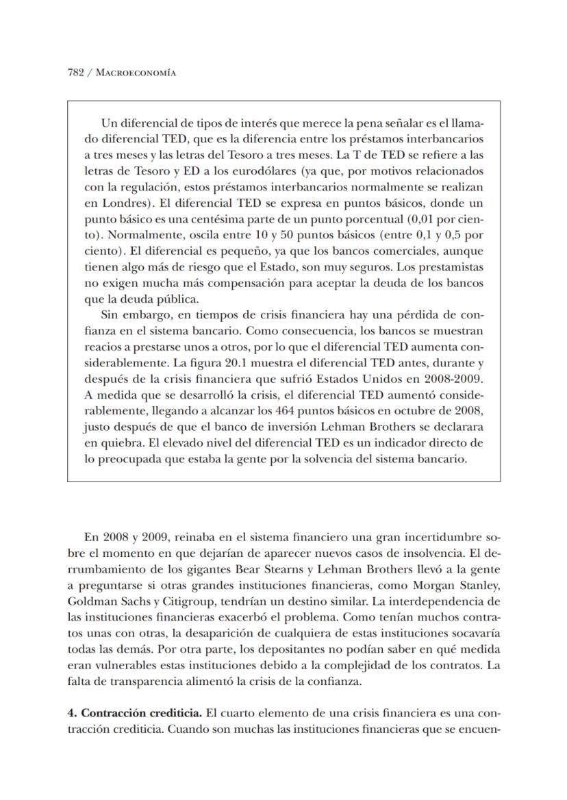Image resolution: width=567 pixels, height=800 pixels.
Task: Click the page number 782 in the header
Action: tap(76, 72)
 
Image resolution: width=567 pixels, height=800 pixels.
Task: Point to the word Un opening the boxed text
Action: tap(108, 123)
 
